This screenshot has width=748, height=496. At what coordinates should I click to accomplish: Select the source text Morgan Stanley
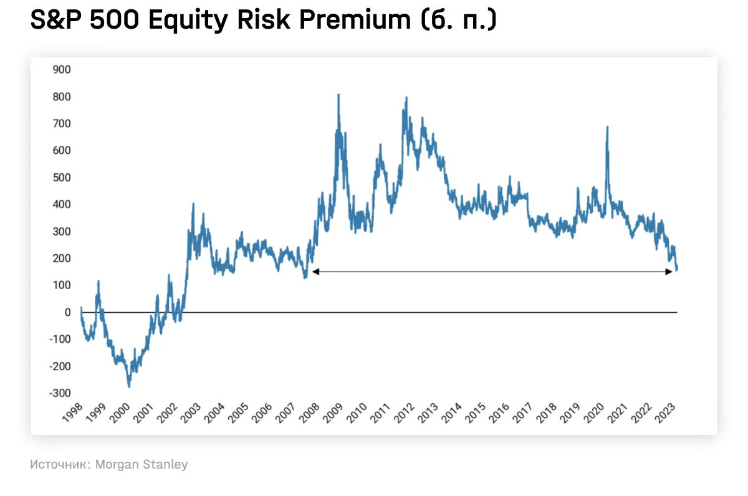(141, 464)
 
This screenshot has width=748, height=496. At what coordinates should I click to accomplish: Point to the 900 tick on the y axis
(62, 70)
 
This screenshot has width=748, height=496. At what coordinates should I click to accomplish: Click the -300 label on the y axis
(60, 393)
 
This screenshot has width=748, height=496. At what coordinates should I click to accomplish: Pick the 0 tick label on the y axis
(67, 312)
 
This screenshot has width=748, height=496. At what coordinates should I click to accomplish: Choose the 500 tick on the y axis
(62, 178)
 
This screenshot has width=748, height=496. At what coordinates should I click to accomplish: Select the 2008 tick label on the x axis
(308, 413)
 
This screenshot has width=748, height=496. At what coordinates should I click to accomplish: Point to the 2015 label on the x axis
(474, 413)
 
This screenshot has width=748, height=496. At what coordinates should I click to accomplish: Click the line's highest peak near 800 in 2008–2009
(338, 95)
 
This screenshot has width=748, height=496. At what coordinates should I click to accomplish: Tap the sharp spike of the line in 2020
(607, 127)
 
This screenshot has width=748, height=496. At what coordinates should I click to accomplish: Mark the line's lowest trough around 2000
(129, 386)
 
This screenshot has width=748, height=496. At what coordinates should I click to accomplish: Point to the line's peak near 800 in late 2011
(406, 97)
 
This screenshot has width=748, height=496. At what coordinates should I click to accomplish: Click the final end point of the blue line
(677, 269)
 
